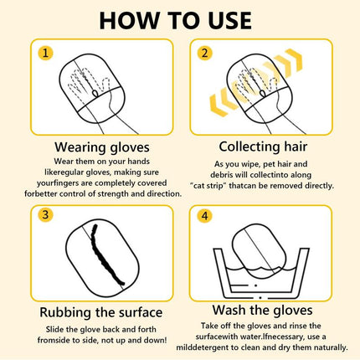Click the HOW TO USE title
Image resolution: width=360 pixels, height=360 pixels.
(x=179, y=20)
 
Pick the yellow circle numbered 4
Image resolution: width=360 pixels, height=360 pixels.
(x=203, y=214)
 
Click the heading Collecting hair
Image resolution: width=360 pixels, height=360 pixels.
(x=267, y=147)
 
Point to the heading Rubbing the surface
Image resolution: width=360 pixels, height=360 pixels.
(x=91, y=311)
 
